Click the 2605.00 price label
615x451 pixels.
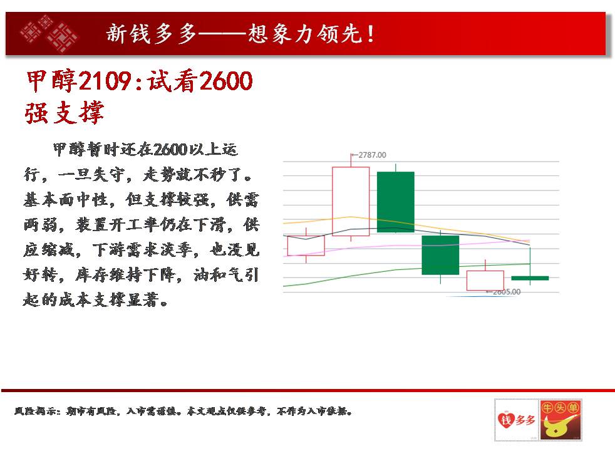click(507, 292)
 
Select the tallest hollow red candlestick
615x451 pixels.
click(351, 201)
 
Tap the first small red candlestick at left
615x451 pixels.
click(306, 246)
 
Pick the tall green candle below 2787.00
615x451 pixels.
click(395, 202)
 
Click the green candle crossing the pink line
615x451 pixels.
click(440, 255)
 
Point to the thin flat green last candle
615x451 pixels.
click(530, 278)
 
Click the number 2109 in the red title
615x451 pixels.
click(105, 81)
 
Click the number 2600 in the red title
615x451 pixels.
click(226, 81)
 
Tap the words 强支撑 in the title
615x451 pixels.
click(65, 113)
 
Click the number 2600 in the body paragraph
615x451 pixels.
click(170, 150)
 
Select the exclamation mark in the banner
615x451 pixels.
click(370, 34)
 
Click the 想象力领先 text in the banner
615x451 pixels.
click(304, 34)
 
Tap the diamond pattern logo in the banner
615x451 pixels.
click(49, 33)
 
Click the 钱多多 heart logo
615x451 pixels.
click(517, 420)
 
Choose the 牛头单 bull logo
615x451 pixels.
click(560, 420)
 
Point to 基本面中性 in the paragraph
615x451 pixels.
click(66, 200)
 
